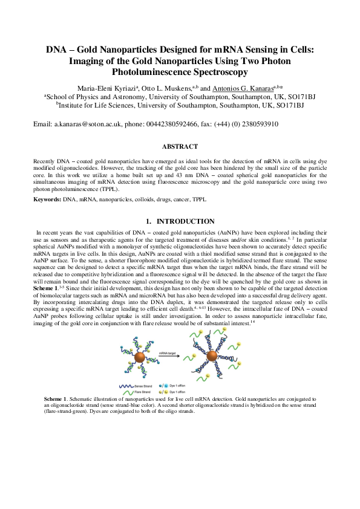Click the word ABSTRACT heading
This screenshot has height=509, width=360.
(180, 146)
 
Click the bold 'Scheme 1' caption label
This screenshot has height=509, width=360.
(55, 400)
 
